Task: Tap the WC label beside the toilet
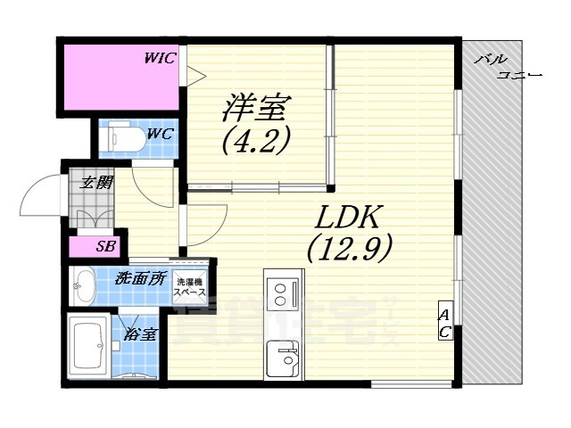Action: [x=160, y=134]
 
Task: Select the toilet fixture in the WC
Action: [x=117, y=138]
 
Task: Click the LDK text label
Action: [x=349, y=217]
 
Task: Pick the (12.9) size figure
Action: [x=349, y=249]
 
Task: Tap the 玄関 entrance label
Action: [x=95, y=184]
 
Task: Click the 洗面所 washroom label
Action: [x=140, y=278]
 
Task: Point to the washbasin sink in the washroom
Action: [x=86, y=285]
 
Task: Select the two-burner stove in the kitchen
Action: [x=284, y=294]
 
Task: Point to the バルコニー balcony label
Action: [x=504, y=67]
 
